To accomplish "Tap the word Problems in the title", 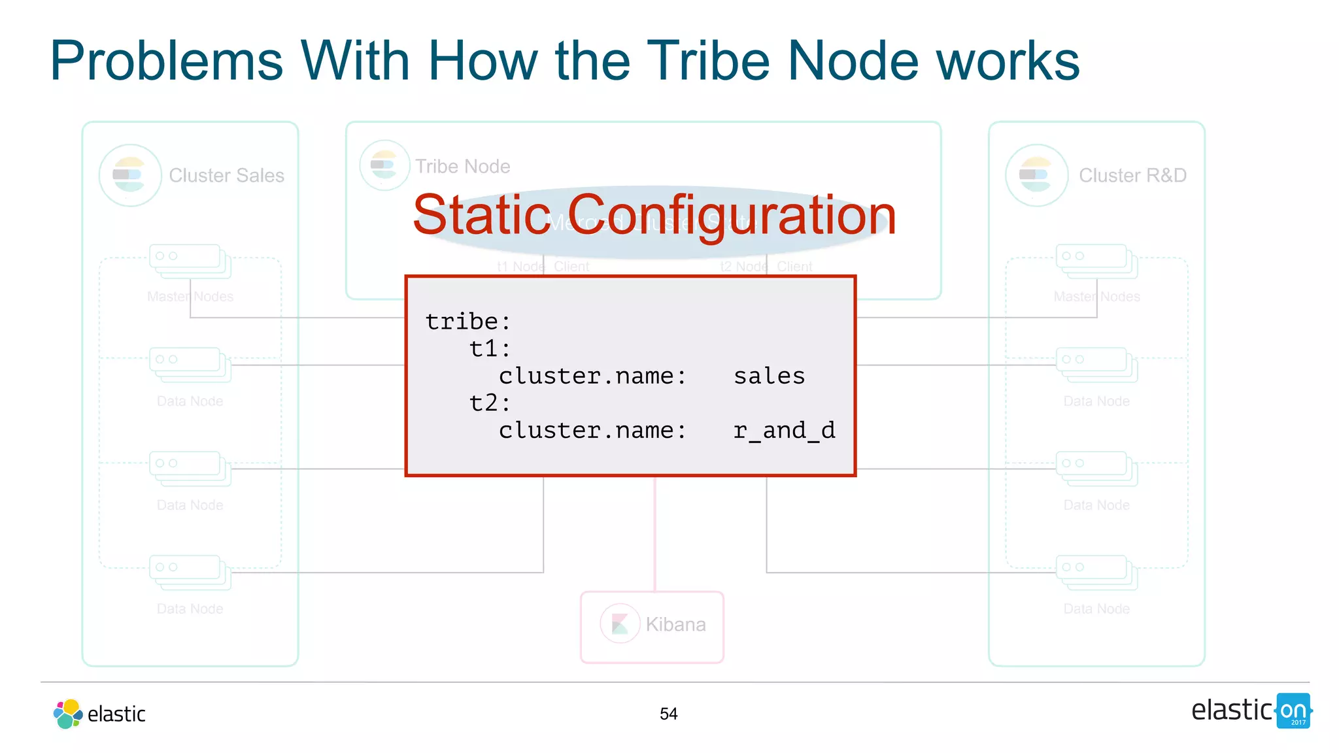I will click(166, 61).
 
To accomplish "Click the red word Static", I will click(482, 215).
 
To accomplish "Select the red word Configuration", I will click(731, 216).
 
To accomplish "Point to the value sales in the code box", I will click(769, 376).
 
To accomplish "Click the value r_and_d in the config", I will click(784, 431).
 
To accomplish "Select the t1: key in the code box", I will click(490, 349).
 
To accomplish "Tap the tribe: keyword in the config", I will click(467, 322).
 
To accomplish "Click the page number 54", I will click(668, 714).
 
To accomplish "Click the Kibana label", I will click(675, 625).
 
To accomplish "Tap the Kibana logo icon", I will click(620, 624).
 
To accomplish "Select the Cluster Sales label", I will click(226, 175).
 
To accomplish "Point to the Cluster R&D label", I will click(1132, 175).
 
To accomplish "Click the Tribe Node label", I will click(462, 167).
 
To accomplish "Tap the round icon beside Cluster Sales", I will click(130, 175).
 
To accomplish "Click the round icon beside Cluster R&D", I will click(1036, 175).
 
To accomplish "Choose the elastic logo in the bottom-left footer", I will click(99, 714).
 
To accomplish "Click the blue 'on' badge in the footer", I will click(1293, 711).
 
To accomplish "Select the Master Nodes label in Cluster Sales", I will click(190, 297).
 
